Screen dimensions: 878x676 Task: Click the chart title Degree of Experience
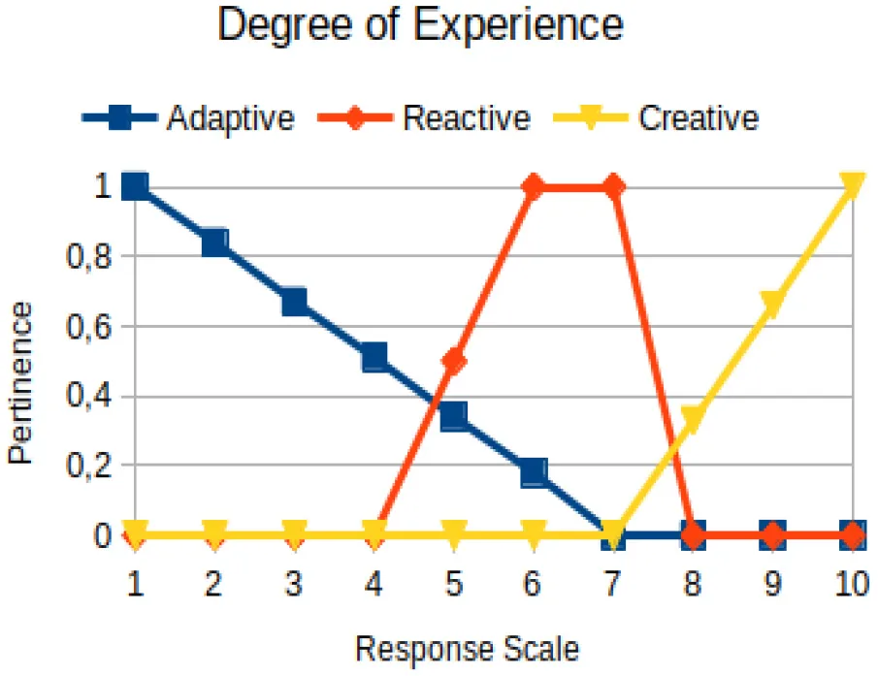click(x=420, y=25)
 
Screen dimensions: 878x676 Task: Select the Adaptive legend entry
click(x=189, y=117)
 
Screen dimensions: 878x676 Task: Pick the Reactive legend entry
click(x=424, y=117)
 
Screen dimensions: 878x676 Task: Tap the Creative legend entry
click(x=656, y=117)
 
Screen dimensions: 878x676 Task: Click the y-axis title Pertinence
click(x=20, y=383)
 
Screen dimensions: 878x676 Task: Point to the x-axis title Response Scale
click(x=468, y=649)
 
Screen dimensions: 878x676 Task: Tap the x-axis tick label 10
click(x=852, y=583)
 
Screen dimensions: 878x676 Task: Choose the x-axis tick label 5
click(x=454, y=583)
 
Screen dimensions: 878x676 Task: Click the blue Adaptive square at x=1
click(x=135, y=186)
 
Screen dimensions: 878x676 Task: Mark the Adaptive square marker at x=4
click(x=374, y=357)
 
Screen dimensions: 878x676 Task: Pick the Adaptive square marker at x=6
click(x=534, y=473)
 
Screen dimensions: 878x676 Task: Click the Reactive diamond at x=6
click(x=534, y=186)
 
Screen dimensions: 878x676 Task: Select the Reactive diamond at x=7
click(x=613, y=186)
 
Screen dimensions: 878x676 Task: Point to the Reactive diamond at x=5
click(x=454, y=361)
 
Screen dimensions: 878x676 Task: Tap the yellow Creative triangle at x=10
click(x=852, y=185)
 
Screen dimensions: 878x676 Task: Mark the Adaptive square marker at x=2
click(x=214, y=241)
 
